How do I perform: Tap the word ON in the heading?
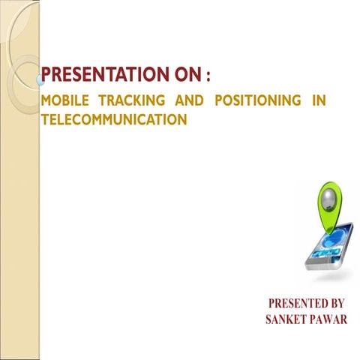(x=188, y=76)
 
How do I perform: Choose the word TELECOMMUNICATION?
(x=112, y=118)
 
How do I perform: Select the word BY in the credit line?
(x=335, y=304)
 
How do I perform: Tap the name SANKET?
(x=288, y=320)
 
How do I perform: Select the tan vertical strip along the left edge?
(x=18, y=225)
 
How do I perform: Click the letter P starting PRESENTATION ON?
(x=46, y=76)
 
